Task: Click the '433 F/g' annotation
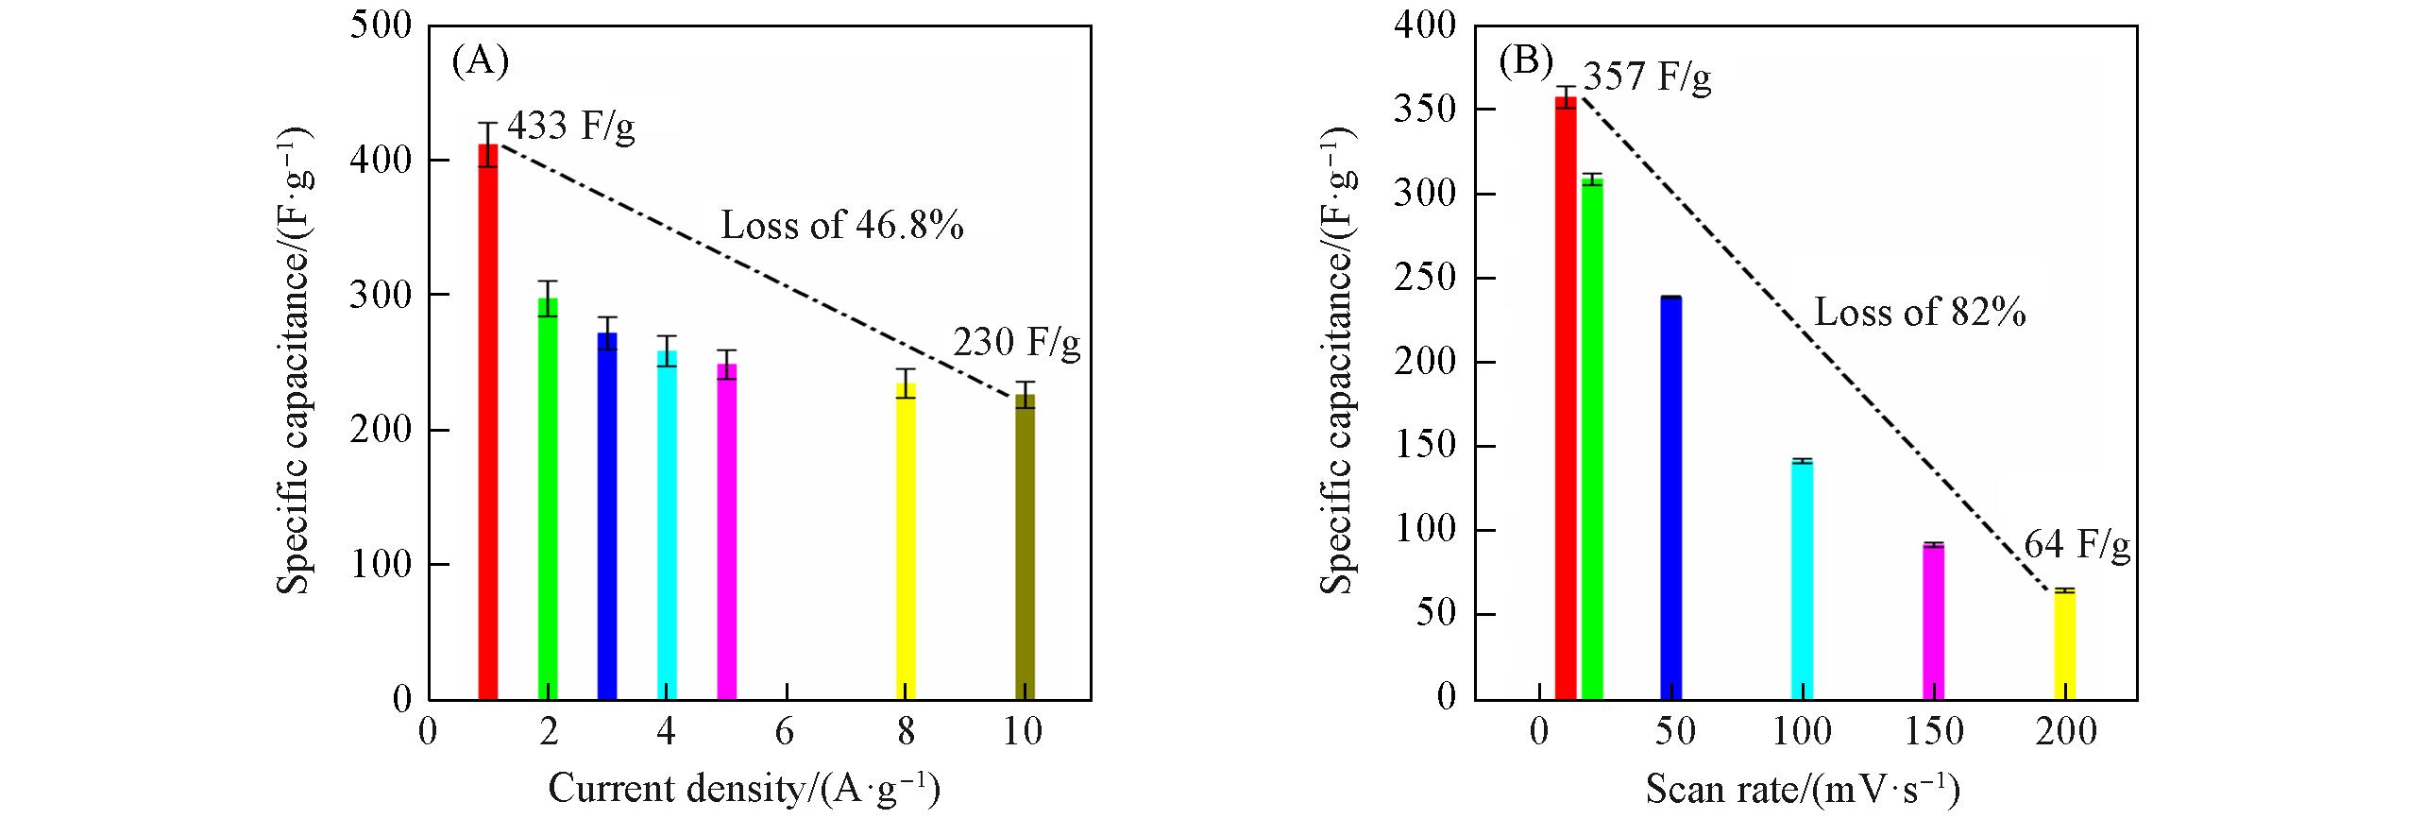571,126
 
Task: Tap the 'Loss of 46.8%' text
842,226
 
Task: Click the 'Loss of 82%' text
1920,312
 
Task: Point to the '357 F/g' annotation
1647,77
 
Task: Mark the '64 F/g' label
2077,545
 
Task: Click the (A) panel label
481,61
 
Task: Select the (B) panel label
1526,61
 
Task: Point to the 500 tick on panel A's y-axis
381,26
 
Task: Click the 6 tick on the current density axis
786,731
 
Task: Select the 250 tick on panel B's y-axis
1425,278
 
